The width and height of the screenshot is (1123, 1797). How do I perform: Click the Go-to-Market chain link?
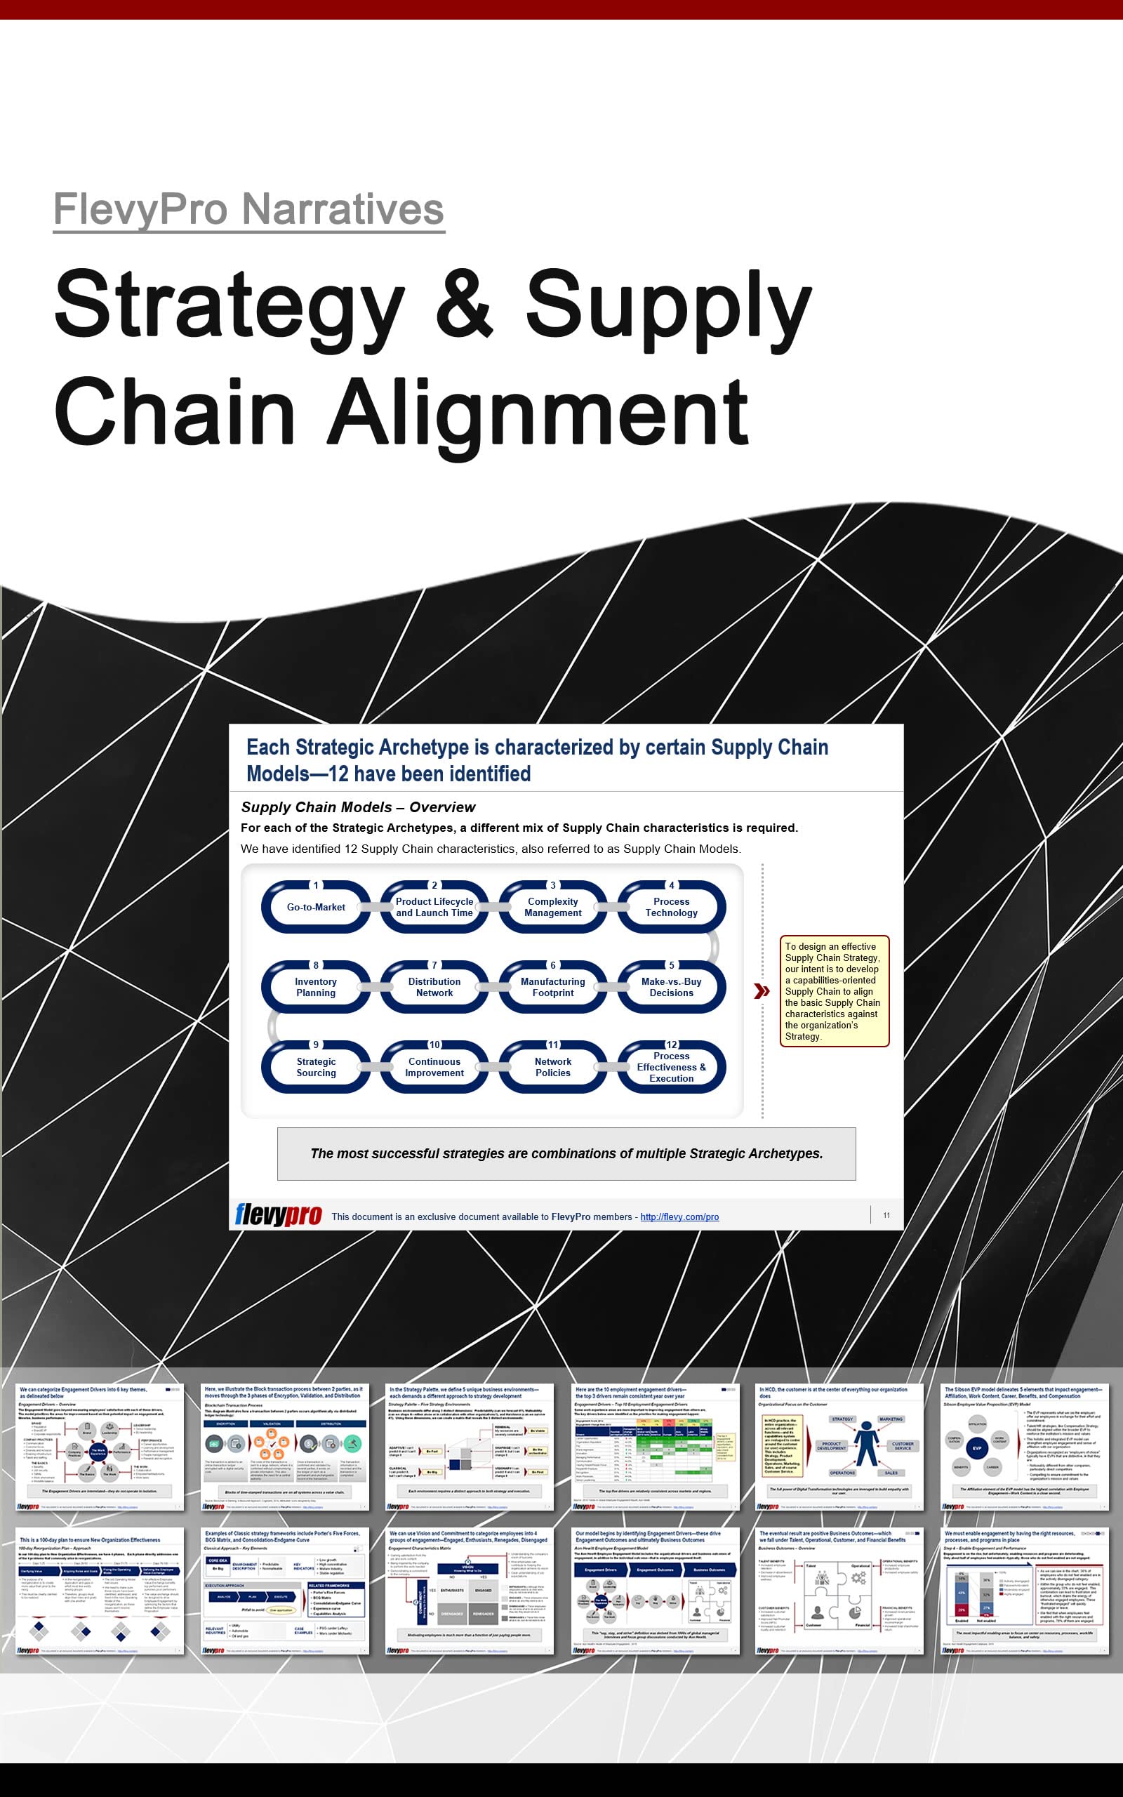(x=316, y=907)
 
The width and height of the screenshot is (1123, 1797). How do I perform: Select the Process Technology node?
(x=671, y=907)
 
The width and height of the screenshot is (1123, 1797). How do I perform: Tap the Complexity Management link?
(x=552, y=907)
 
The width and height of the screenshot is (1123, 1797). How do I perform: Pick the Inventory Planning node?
(x=316, y=987)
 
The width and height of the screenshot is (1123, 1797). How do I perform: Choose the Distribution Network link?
(x=434, y=987)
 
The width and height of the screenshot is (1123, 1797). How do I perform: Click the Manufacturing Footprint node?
(x=552, y=987)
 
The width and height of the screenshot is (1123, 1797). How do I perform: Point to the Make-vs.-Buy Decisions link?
(x=671, y=987)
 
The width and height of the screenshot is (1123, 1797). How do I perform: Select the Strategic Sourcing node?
(x=316, y=1067)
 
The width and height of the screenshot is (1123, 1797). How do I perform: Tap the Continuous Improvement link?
(x=434, y=1067)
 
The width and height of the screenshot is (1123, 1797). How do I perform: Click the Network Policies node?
(x=552, y=1067)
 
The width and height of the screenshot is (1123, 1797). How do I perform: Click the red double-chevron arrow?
(x=762, y=991)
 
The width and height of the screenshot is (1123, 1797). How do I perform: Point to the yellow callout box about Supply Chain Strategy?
(x=834, y=991)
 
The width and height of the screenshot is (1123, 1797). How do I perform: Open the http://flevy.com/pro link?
(x=679, y=1216)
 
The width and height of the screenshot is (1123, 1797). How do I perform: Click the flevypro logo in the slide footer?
(x=279, y=1215)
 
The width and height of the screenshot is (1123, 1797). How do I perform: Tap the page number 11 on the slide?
(x=886, y=1215)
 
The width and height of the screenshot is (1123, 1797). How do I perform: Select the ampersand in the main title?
(x=464, y=305)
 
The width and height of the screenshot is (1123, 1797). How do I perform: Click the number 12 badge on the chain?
(x=672, y=1044)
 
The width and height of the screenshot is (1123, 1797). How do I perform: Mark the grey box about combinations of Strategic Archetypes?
(x=566, y=1153)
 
